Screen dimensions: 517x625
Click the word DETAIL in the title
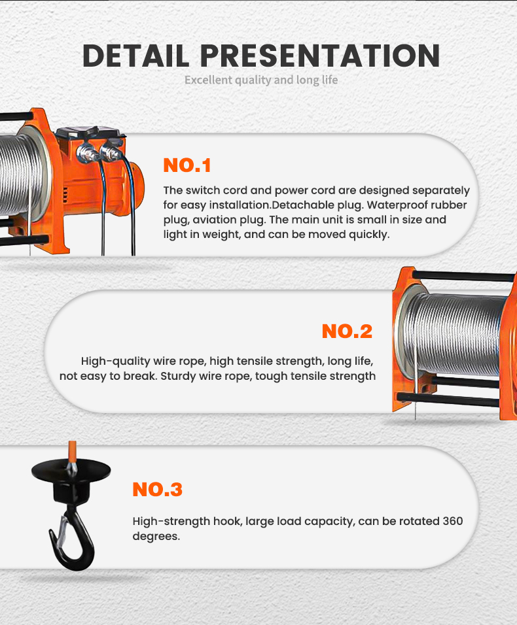[x=135, y=56]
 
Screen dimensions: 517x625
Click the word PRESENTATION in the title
[x=320, y=56]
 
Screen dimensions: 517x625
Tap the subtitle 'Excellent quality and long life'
[x=261, y=80]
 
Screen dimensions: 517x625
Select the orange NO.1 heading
[x=187, y=165]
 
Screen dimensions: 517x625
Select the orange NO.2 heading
[x=347, y=331]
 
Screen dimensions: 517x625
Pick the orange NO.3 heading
[x=157, y=490]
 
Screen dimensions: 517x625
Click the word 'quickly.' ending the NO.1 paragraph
[x=369, y=234]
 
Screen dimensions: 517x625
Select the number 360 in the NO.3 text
[x=453, y=521]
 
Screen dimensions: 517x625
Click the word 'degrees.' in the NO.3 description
[x=156, y=536]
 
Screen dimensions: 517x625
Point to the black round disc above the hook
[x=71, y=469]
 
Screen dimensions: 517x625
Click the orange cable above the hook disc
[x=72, y=452]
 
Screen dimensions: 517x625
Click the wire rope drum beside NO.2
[x=451, y=334]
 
